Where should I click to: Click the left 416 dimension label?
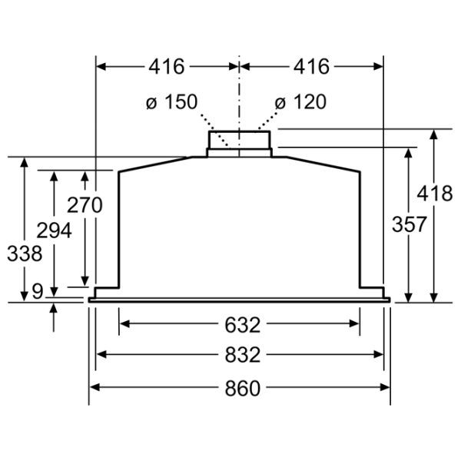click(x=167, y=67)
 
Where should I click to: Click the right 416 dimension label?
click(x=311, y=67)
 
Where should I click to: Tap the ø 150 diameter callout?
click(x=171, y=101)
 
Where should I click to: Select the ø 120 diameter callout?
click(x=300, y=101)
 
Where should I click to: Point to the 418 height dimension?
click(x=435, y=194)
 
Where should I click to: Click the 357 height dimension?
click(x=409, y=224)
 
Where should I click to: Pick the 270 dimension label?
click(x=85, y=205)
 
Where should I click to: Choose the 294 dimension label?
click(x=54, y=230)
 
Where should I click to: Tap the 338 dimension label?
click(x=25, y=254)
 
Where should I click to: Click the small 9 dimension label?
click(x=38, y=292)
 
